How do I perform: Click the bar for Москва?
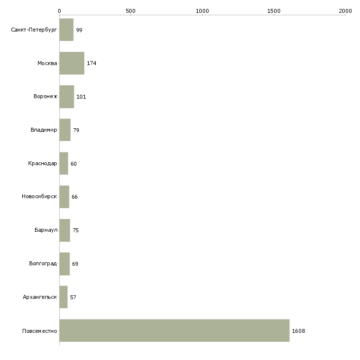(72, 63)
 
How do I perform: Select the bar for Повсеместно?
(175, 330)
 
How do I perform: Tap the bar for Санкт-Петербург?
(67, 30)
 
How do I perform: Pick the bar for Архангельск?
(63, 297)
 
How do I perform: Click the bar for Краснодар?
(64, 163)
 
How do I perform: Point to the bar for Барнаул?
(65, 230)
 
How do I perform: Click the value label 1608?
(298, 331)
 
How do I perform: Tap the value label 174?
(91, 63)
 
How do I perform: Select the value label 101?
(81, 97)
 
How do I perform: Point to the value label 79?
(76, 130)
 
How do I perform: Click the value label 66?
(74, 197)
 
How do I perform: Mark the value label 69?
(75, 264)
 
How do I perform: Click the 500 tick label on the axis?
(131, 11)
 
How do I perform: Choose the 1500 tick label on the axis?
(274, 11)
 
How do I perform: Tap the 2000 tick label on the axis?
(346, 11)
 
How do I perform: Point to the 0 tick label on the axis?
(60, 11)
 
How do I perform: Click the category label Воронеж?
(45, 96)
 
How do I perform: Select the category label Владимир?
(43, 130)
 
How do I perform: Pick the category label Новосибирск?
(39, 197)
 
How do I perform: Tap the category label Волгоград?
(43, 263)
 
